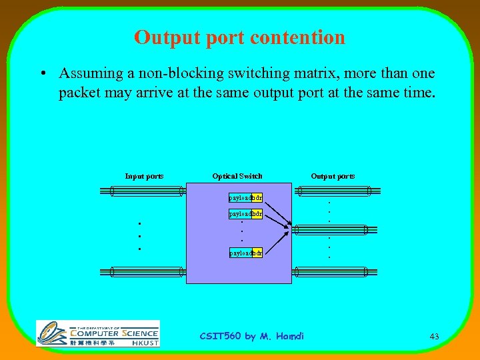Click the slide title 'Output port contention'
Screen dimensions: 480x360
(239, 37)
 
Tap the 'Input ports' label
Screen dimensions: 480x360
(145, 176)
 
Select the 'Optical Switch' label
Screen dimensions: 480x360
(237, 176)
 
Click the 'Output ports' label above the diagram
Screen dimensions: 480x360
(333, 176)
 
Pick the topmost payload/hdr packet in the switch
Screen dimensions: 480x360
(245, 198)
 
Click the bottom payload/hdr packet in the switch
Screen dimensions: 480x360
(245, 253)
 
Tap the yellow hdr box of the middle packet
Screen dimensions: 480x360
(257, 214)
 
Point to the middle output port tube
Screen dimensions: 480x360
(331, 230)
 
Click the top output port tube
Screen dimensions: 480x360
(333, 191)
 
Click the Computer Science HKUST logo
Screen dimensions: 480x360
(97, 333)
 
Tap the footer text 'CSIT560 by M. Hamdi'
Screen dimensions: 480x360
(251, 336)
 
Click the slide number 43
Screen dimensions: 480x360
(434, 337)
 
